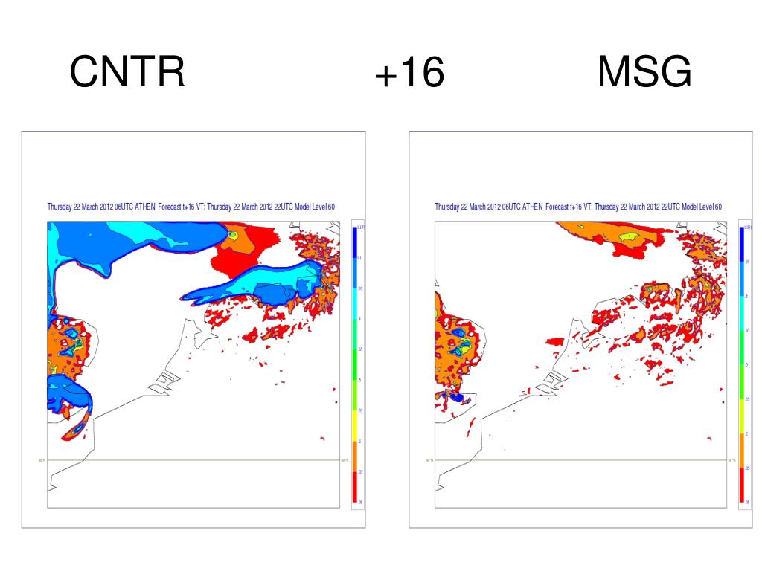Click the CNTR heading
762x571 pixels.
pyautogui.click(x=127, y=74)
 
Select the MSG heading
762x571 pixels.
pyautogui.click(x=644, y=74)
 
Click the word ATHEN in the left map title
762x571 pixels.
pyautogui.click(x=147, y=207)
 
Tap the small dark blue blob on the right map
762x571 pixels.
pyautogui.click(x=456, y=399)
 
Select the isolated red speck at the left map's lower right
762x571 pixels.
pyautogui.click(x=322, y=438)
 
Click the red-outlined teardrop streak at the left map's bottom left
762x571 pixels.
pyautogui.click(x=75, y=429)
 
